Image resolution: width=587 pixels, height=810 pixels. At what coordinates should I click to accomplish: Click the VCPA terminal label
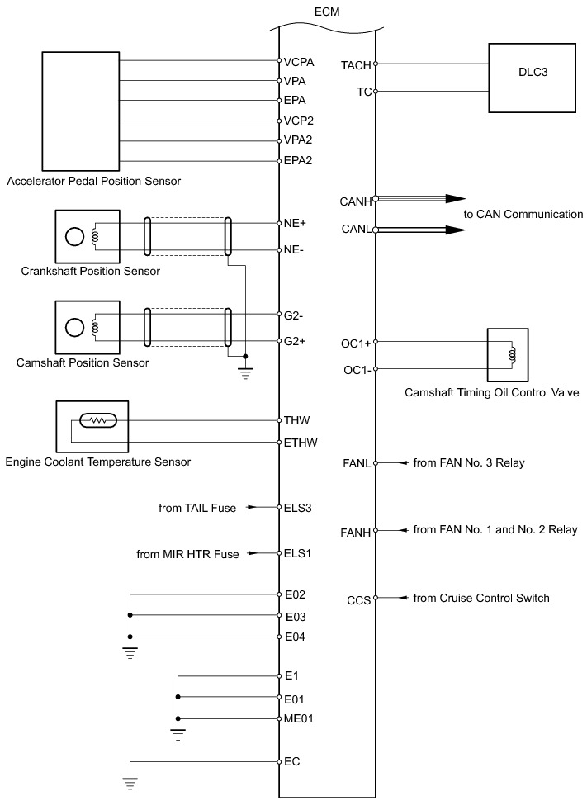coord(299,62)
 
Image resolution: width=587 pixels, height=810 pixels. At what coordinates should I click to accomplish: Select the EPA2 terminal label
coord(298,161)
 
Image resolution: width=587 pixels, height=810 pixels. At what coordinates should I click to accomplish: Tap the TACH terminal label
coord(356,65)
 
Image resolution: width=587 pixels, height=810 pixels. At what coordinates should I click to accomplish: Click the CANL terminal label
coord(356,229)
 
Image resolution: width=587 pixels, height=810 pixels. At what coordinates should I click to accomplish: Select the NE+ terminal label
coord(295,223)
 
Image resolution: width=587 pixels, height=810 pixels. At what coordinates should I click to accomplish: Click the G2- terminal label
coord(294,315)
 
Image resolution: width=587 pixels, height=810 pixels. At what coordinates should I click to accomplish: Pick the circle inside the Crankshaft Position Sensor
coord(75,237)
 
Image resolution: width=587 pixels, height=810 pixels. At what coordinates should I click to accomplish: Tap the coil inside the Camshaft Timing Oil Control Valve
coord(512,354)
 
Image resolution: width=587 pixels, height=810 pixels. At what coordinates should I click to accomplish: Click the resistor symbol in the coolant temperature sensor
coord(98,421)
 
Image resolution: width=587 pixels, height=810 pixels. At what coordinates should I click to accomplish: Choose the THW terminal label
coord(296,420)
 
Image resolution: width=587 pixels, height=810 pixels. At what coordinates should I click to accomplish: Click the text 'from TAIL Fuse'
coord(197,509)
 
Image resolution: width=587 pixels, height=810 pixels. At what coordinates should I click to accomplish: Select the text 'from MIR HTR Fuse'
coord(187,554)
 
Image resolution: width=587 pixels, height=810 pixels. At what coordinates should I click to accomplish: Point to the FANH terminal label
coord(356,533)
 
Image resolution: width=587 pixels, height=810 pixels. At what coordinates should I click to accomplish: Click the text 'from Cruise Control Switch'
coord(481,598)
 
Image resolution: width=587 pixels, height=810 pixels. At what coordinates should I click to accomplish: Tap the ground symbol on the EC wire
coord(130,784)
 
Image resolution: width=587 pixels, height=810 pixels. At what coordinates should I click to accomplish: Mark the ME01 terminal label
coord(298,718)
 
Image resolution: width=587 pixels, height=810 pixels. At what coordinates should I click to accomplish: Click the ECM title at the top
coord(327,12)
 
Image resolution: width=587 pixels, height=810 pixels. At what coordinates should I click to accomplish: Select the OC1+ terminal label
coord(356,343)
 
